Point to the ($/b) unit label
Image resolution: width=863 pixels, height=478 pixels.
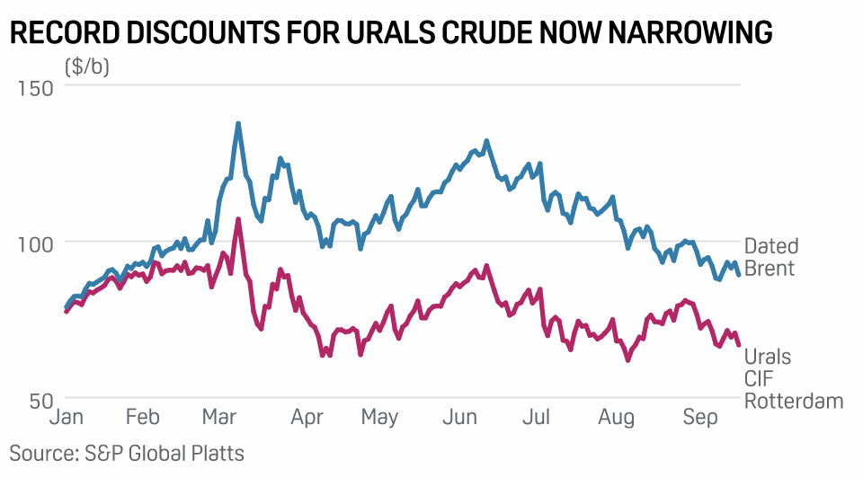[87, 66]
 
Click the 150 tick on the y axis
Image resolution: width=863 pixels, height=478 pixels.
[35, 88]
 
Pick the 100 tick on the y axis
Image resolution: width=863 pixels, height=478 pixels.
[35, 243]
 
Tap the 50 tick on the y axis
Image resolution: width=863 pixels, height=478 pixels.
[41, 401]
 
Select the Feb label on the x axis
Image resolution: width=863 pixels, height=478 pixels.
[142, 418]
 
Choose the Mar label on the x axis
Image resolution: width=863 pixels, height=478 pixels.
[220, 418]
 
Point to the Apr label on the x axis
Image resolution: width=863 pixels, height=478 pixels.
[307, 418]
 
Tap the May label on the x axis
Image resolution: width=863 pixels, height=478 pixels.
[380, 418]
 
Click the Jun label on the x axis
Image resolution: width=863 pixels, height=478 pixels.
[460, 418]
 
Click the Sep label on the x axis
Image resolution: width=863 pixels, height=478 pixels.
[701, 418]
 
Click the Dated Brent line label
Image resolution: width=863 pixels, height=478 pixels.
[770, 257]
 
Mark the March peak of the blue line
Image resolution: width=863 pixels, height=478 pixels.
[238, 124]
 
